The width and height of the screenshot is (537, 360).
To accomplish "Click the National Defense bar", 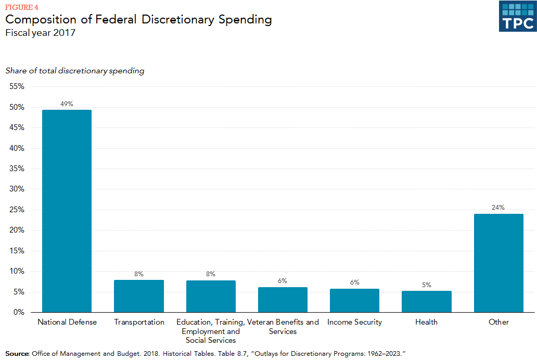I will [x=67, y=211].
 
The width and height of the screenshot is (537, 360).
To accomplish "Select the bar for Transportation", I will [x=139, y=296].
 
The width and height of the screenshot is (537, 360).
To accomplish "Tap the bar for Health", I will [x=426, y=302].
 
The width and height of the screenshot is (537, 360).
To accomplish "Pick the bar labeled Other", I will [x=498, y=263].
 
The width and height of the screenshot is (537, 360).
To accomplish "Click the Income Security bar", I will [x=354, y=301].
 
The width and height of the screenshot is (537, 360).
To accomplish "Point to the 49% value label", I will [x=67, y=104].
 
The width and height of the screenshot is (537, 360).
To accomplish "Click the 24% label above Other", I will [x=498, y=208].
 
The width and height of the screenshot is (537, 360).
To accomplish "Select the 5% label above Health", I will [x=426, y=285].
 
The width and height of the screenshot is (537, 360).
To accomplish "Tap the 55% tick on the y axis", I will [x=16, y=86].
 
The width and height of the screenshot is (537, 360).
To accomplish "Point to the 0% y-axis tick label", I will [x=18, y=312].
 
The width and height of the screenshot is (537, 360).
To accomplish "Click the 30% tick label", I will [x=16, y=189].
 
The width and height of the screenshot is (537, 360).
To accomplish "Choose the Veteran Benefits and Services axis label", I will [x=283, y=327].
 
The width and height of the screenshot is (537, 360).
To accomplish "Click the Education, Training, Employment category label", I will [x=211, y=331].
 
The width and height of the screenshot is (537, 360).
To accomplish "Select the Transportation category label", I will [x=139, y=322].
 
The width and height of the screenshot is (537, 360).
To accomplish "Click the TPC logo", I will [x=517, y=16].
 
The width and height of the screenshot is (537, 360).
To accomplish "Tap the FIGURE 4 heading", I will [x=22, y=7].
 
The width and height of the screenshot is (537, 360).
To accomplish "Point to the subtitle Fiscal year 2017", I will [x=41, y=33].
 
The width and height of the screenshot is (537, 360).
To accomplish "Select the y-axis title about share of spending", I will [x=75, y=71].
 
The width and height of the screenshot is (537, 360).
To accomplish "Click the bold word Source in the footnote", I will [x=17, y=354].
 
